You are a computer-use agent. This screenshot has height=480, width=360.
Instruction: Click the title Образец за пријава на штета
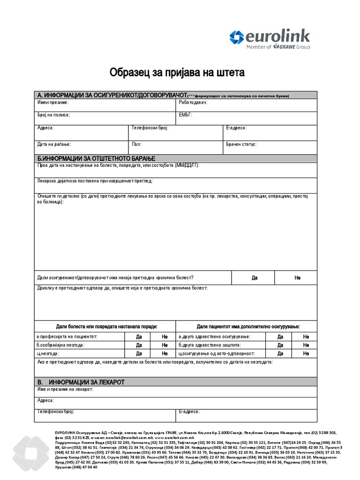coord(177,73)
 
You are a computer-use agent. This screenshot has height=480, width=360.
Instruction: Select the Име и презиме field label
coord(53,102)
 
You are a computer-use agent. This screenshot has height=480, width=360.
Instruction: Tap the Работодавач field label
coord(193,102)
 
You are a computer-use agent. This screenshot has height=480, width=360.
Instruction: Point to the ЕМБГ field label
coord(185,114)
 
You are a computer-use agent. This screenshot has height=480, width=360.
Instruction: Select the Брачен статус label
coord(241,145)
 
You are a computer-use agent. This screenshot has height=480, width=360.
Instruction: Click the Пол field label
coord(136,145)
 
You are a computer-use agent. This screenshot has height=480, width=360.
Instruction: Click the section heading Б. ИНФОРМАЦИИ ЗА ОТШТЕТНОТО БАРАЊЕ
coord(96,158)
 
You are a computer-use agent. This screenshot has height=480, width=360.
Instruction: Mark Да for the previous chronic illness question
coord(255,278)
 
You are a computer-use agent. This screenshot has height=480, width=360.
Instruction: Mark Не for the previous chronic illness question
coord(297,278)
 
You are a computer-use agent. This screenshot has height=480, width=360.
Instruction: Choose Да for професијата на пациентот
coord(139,337)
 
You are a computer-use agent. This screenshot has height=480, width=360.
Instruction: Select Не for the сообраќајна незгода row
coord(165,345)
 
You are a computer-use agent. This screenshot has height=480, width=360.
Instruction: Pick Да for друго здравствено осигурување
coord(280,337)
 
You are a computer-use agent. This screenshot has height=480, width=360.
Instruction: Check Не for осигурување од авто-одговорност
coord(306,353)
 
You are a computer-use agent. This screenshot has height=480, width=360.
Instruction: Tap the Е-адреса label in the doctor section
coord(189,412)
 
